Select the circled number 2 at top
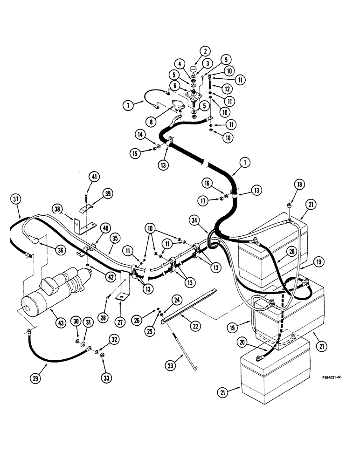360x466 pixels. pyautogui.click(x=204, y=52)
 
